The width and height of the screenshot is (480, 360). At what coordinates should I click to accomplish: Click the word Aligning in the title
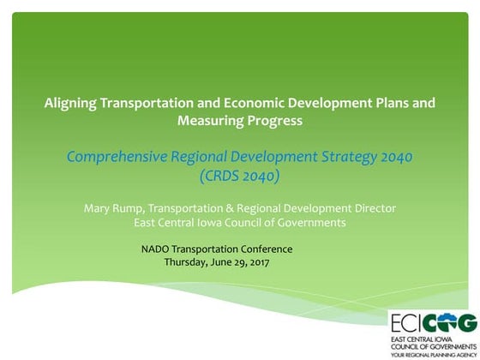71,103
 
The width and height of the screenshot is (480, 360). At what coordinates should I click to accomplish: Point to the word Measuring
210,121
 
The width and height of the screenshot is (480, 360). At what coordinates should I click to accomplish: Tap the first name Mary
99,208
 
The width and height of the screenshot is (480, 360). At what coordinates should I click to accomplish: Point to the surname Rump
131,208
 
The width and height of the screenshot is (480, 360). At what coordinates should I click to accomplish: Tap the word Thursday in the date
186,262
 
